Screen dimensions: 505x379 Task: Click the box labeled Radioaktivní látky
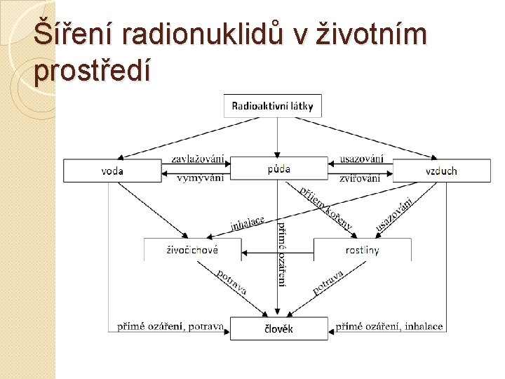pos(273,106)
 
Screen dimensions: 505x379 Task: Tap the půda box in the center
pos(278,168)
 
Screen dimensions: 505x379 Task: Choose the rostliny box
pos(362,250)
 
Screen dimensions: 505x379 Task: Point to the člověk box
pos(278,328)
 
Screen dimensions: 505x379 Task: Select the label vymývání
pos(200,178)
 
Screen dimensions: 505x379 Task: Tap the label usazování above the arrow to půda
pos(361,159)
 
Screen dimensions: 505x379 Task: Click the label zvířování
pos(360,178)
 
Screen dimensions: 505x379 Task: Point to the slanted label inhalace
pos(247,222)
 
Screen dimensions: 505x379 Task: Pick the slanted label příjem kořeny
pos(325,208)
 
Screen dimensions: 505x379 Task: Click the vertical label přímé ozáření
pos(282,253)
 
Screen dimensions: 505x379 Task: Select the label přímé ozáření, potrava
pos(170,326)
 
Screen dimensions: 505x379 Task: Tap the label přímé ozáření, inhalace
pos(389,326)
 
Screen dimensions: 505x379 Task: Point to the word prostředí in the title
pos(91,71)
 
